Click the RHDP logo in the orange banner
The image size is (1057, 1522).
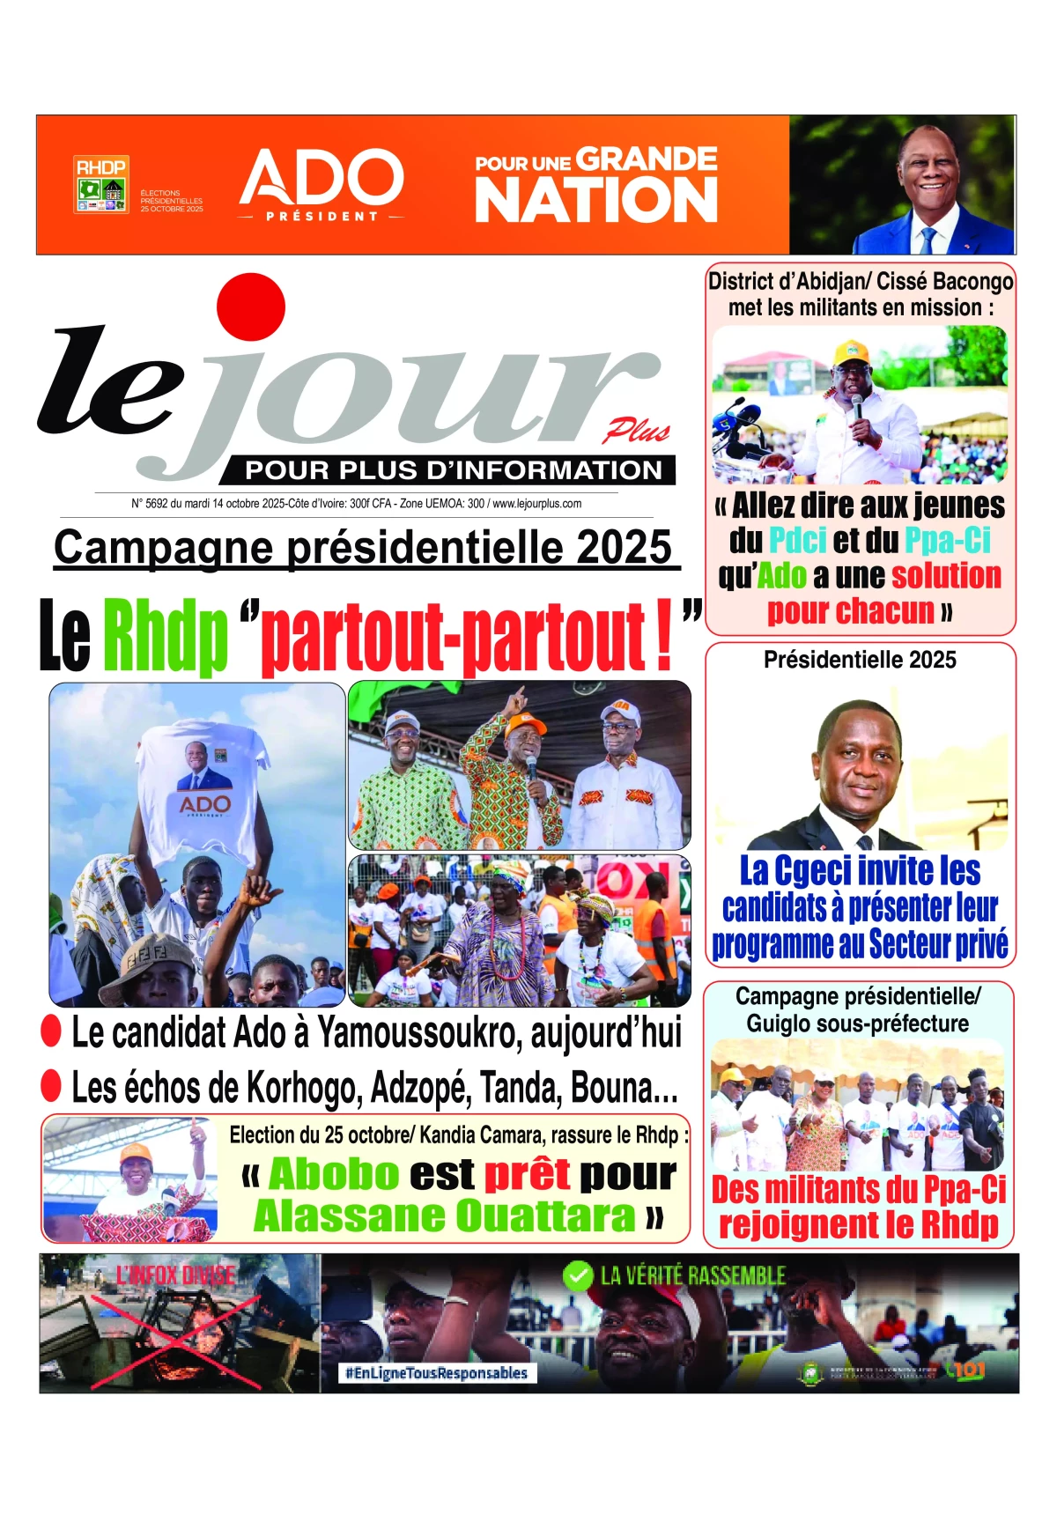[101, 185]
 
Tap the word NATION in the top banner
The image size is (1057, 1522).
[596, 201]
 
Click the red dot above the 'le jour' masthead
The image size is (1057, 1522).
[251, 307]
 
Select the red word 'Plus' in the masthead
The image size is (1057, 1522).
[636, 431]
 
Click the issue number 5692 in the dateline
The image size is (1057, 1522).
[156, 504]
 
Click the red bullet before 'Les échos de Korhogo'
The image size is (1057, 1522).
[51, 1086]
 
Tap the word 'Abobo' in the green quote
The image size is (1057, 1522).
[334, 1174]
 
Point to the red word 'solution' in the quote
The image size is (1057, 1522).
[946, 575]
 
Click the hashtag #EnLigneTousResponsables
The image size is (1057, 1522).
[437, 1372]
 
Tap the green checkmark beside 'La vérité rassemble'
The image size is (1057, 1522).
[577, 1275]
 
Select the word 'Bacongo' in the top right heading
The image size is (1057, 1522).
[972, 282]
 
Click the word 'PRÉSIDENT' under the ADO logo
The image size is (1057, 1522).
[322, 216]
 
